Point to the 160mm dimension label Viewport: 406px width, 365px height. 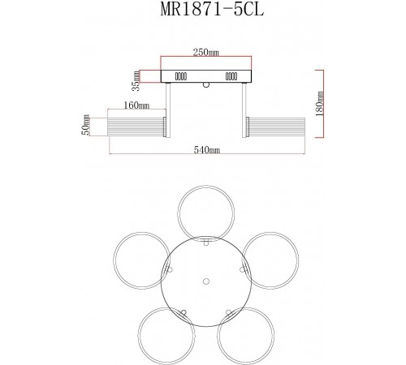pyautogui.click(x=137, y=105)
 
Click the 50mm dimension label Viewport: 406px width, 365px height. pyautogui.click(x=84, y=126)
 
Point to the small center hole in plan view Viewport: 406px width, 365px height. pyautogui.click(x=205, y=281)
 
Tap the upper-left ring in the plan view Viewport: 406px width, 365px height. pyautogui.click(x=137, y=259)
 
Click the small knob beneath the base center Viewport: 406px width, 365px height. pyautogui.click(x=206, y=84)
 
